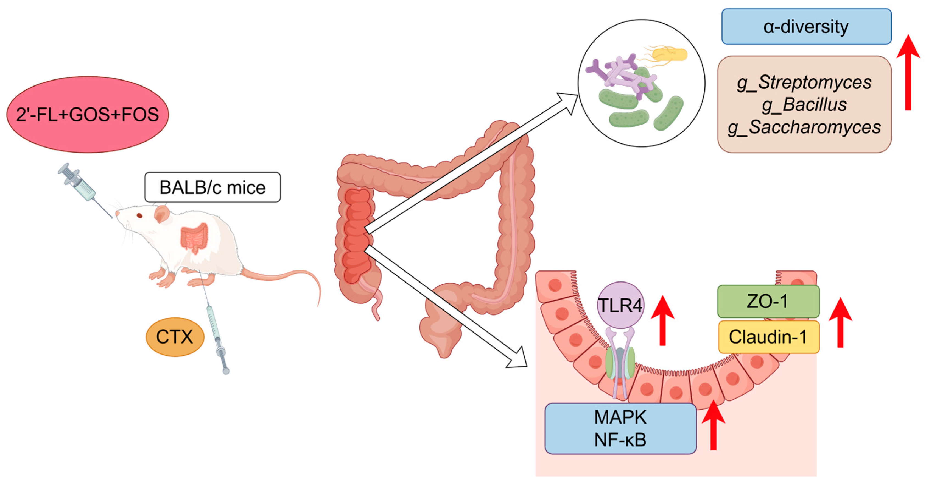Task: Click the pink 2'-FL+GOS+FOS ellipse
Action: (87, 114)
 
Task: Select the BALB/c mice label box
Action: (212, 187)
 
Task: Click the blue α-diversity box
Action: (806, 27)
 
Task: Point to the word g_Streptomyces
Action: (804, 82)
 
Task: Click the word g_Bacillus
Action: (804, 105)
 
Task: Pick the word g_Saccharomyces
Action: (804, 127)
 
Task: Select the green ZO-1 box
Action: (768, 301)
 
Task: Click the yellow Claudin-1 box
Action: (768, 337)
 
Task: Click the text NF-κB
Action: (620, 439)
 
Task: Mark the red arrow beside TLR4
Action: (662, 320)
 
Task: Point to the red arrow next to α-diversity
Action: (908, 72)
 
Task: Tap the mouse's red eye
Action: (139, 215)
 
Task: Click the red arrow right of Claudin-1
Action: (840, 322)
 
